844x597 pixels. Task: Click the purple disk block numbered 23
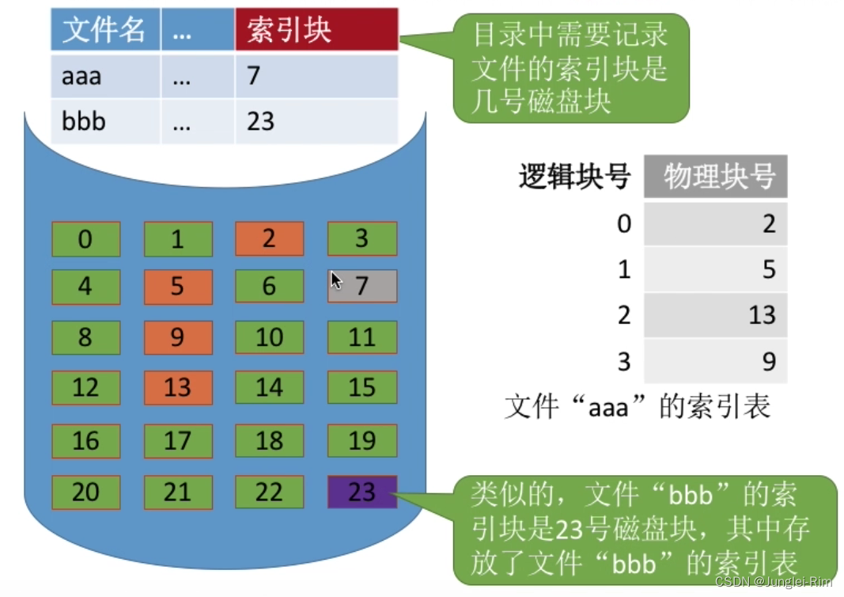click(361, 492)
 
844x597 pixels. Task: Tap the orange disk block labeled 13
click(178, 387)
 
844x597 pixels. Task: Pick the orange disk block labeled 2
click(269, 238)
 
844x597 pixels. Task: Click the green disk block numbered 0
click(86, 238)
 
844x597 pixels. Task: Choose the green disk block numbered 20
click(86, 492)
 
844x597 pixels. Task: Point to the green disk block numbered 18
click(269, 440)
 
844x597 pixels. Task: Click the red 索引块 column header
click(316, 30)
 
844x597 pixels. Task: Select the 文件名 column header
click(105, 30)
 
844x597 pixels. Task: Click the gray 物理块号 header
click(715, 177)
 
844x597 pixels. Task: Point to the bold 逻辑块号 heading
click(574, 177)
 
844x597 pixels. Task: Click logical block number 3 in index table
click(624, 362)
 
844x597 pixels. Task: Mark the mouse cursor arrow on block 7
click(336, 279)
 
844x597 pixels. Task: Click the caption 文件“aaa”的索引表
click(638, 406)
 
